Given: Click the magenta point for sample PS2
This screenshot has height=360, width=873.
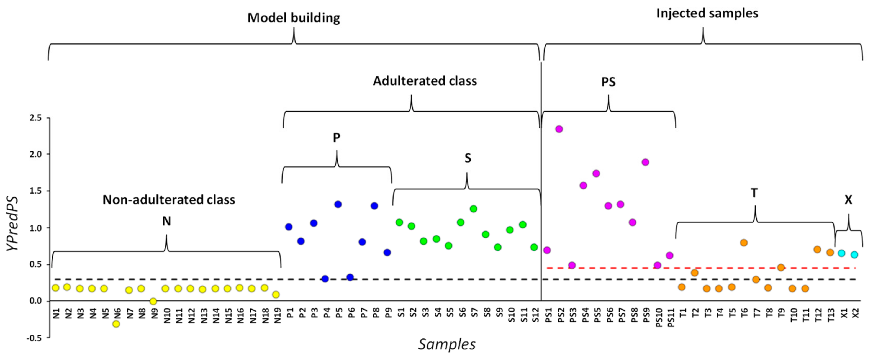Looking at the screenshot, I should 559,129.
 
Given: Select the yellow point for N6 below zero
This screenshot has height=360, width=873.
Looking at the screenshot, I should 116,324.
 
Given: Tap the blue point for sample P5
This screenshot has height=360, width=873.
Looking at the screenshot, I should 338,204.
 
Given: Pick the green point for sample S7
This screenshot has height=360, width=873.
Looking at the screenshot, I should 473,209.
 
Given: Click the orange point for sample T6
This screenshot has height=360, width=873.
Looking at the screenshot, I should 744,243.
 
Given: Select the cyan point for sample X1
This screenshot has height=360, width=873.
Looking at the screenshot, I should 841,253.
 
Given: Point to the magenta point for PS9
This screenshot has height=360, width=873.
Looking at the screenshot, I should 645,162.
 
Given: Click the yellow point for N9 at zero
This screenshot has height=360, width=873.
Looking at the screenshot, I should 153,301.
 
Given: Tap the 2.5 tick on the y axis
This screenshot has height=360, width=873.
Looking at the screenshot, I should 35,118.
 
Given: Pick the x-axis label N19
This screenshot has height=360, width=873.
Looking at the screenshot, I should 278,315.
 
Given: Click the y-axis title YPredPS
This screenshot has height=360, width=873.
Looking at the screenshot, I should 13,224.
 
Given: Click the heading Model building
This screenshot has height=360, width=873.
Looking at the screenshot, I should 294,18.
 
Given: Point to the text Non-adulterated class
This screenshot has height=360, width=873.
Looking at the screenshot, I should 169,200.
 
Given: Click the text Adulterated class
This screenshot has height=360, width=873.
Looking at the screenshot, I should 425,81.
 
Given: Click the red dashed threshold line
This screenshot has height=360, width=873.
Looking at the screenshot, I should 712,268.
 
